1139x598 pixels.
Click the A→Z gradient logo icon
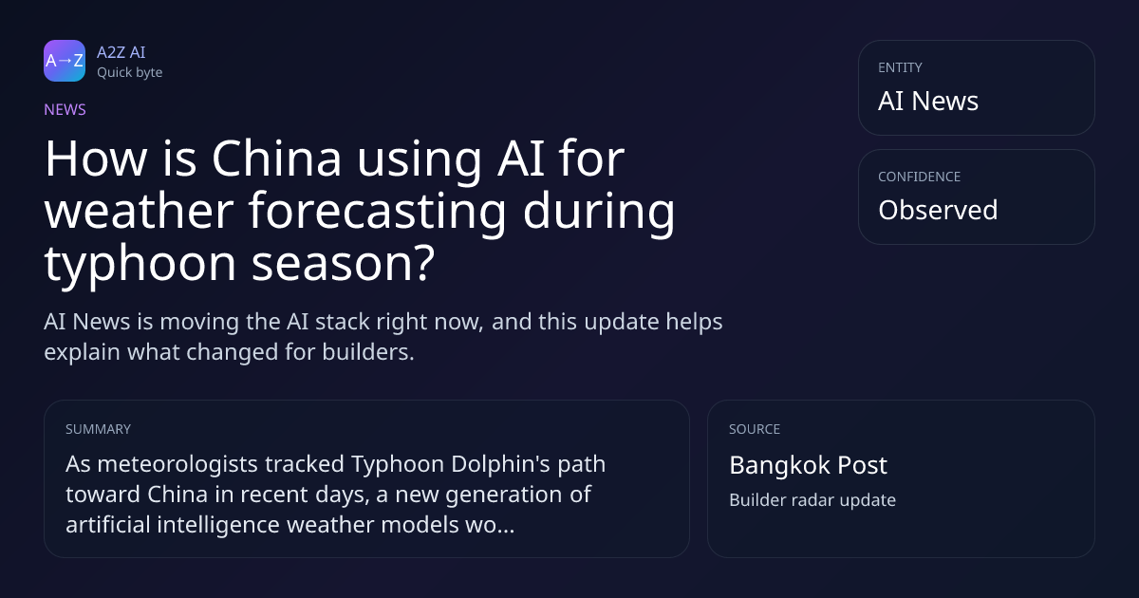(65, 61)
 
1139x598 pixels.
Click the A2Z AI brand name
(121, 52)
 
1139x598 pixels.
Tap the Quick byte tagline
(130, 72)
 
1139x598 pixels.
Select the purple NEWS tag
(65, 109)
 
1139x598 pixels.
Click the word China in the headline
(276, 159)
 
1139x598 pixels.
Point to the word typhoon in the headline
(140, 265)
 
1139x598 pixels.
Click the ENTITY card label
(900, 67)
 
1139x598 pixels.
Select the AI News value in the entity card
(928, 101)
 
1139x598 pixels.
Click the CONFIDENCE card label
(920, 177)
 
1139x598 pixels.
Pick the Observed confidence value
(938, 210)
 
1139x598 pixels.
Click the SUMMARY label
(98, 429)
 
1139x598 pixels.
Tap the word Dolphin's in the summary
(501, 464)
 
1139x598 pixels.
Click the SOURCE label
(755, 429)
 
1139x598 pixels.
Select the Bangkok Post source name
(808, 465)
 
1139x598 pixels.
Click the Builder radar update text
(812, 500)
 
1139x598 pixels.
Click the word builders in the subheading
(368, 352)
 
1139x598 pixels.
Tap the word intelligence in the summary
(218, 525)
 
